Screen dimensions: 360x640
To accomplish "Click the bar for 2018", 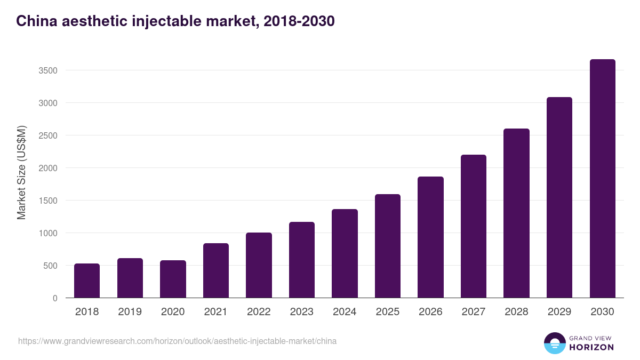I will click(x=87, y=281).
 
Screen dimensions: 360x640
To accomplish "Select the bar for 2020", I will click(x=173, y=279).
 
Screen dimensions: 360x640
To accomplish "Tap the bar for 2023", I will click(x=302, y=260).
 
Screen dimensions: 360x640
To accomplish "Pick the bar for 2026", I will click(x=430, y=237).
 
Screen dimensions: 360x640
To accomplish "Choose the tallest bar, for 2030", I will click(x=602, y=179).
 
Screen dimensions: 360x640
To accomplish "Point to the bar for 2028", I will click(x=516, y=213).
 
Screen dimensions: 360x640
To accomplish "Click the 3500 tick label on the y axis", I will click(x=47, y=70).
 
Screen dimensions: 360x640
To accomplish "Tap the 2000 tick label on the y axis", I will click(x=47, y=168).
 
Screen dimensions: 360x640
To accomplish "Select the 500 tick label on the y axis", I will click(x=50, y=266).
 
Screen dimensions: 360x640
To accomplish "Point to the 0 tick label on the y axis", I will click(x=55, y=298).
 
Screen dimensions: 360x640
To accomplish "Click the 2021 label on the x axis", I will click(x=215, y=312).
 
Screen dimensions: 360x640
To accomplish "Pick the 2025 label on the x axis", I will click(x=387, y=312).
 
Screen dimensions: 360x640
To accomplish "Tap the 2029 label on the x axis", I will click(x=559, y=312).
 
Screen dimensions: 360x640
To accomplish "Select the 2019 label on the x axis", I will click(x=130, y=312).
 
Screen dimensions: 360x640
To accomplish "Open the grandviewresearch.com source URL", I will click(x=177, y=341).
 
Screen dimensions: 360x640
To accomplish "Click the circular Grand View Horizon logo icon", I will click(x=554, y=343).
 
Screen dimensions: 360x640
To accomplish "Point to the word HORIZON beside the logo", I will click(x=591, y=347).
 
